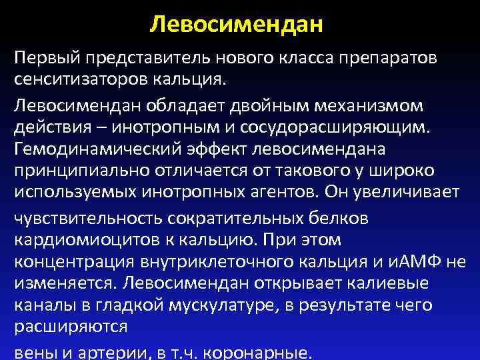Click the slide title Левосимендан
coord(237,25)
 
